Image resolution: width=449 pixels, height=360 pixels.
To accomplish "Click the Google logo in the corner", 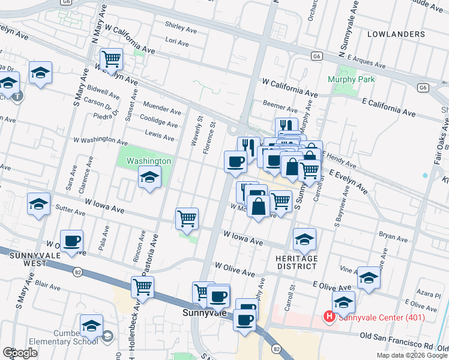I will [20, 353].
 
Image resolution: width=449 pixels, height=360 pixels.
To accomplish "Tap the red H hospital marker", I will [328, 316].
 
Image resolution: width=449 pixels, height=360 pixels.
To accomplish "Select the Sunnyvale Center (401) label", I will [381, 317].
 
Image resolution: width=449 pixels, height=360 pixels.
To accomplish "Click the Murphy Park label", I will [351, 79].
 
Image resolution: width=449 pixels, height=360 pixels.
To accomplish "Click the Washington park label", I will [148, 161].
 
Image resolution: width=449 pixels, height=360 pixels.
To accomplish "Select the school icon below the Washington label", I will [149, 177].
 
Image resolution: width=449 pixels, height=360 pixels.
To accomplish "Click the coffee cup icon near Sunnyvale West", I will [72, 241].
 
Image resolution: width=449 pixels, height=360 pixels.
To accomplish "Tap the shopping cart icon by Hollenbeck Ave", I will [142, 287].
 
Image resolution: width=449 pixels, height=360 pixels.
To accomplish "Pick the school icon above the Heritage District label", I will [304, 239].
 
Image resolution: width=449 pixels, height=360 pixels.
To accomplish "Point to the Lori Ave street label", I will [176, 43].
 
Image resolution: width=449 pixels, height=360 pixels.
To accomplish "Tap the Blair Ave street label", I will [50, 281].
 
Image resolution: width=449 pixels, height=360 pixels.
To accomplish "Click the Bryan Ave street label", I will [393, 237].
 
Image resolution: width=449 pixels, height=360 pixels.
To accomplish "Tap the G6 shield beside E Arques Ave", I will [317, 56].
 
